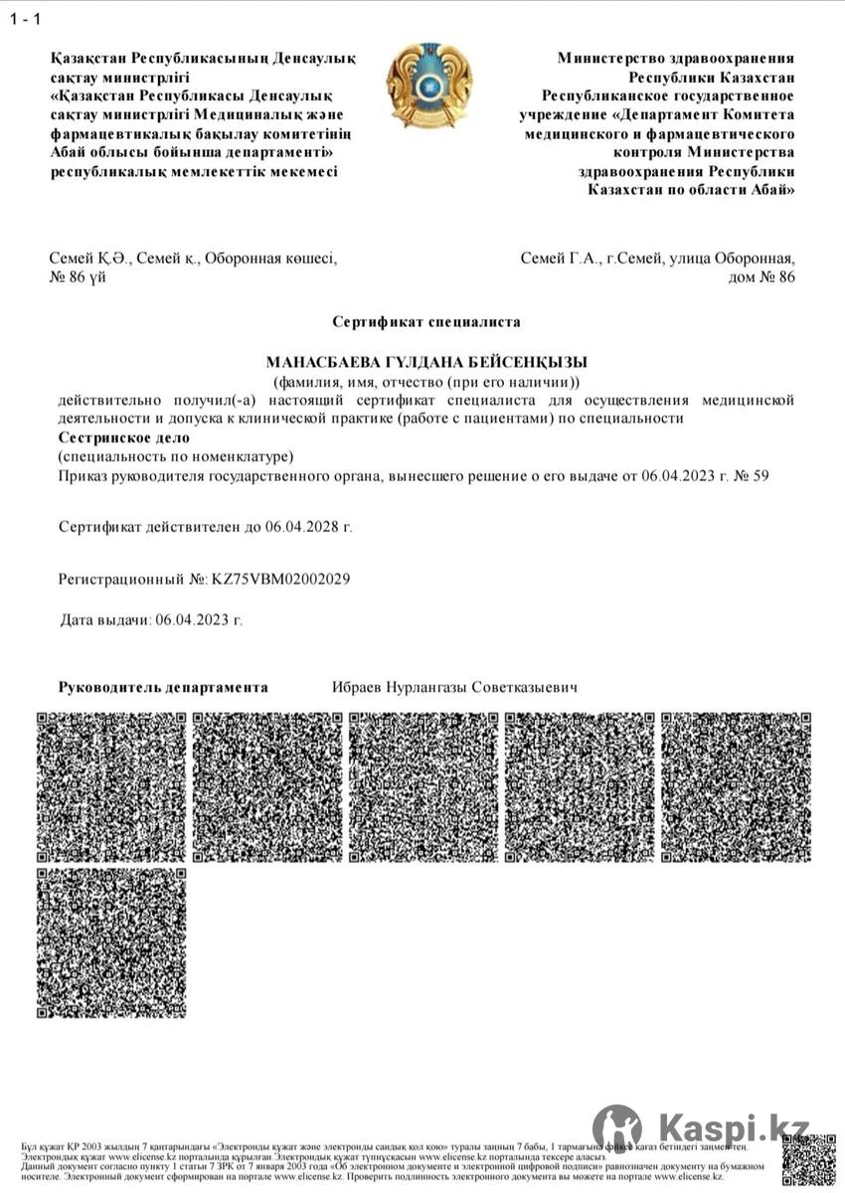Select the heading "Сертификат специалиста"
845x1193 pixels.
425,322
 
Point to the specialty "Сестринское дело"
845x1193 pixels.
123,437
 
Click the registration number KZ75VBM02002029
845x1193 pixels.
281,579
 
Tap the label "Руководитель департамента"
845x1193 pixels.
163,687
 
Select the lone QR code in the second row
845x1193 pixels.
111,942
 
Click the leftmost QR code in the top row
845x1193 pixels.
111,786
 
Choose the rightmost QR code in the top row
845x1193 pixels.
736,786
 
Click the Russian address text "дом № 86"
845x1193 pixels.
761,277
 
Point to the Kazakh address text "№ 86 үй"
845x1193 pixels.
78,277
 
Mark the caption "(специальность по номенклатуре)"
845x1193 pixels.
175,456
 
